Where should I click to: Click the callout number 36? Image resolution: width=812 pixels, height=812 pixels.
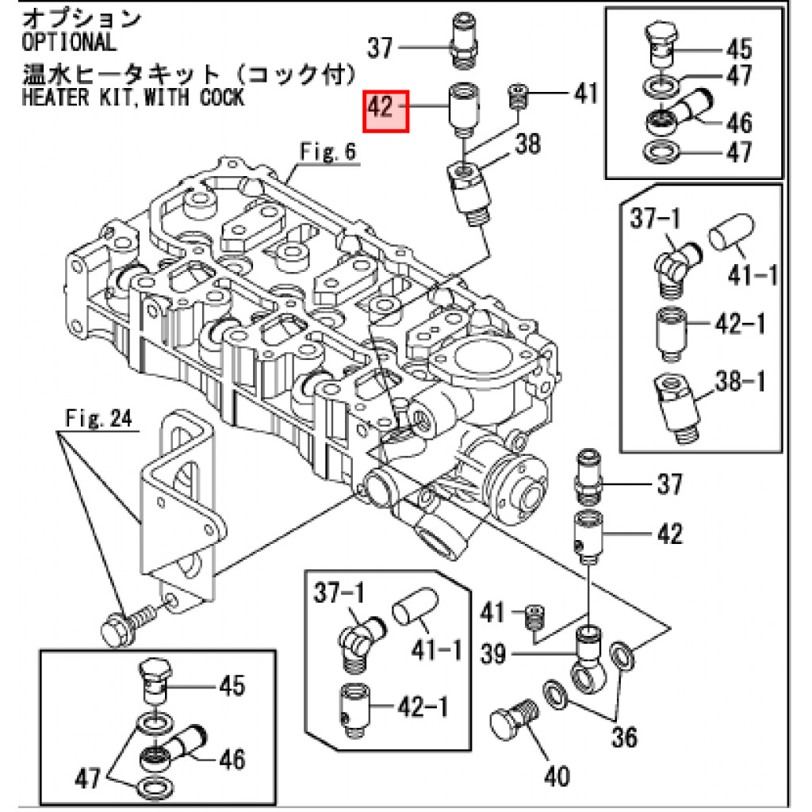(x=625, y=737)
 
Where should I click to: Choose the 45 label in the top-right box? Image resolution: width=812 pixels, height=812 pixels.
(x=739, y=49)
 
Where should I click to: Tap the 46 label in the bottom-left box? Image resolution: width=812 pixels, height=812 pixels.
(x=232, y=760)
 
